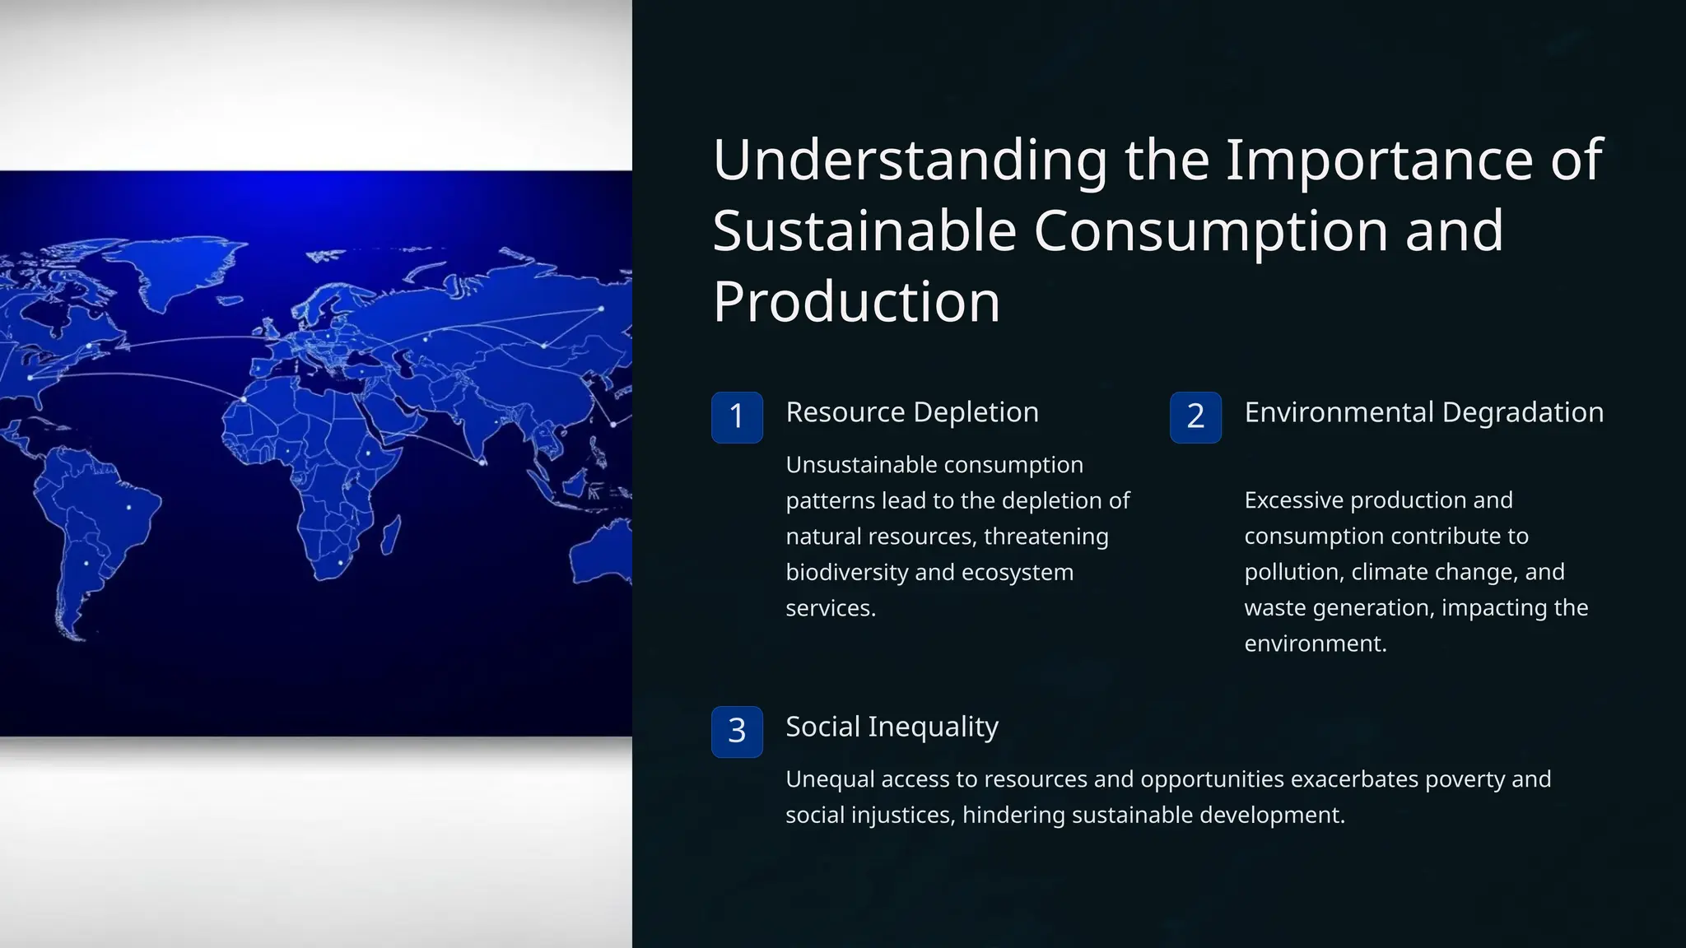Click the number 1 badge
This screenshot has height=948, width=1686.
click(737, 417)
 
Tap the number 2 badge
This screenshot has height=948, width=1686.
click(1195, 417)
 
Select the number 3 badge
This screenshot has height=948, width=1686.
click(737, 732)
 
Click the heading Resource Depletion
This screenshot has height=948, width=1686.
click(911, 412)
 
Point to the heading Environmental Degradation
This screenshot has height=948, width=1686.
click(1423, 412)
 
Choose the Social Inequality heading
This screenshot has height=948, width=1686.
click(892, 727)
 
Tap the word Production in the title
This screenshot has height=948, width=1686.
click(856, 302)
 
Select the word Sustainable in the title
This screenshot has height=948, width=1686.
click(864, 230)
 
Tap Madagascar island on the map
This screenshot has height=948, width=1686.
click(391, 535)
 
